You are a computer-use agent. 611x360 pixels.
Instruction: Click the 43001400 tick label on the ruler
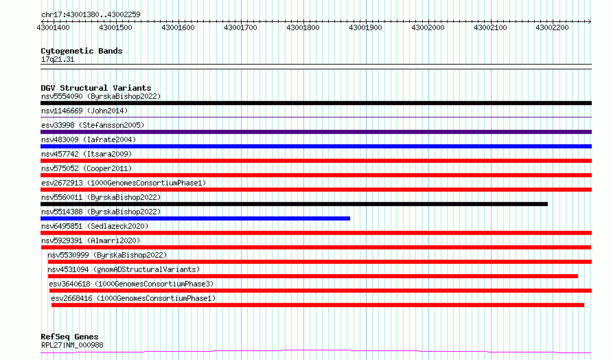[x=53, y=27]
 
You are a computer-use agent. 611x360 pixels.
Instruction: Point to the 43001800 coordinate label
[x=303, y=27]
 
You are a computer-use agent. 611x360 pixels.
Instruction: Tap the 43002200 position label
[x=552, y=27]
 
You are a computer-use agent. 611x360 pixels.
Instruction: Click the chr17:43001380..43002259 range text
[x=91, y=15]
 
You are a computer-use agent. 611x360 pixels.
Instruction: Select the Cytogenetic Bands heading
[x=82, y=51]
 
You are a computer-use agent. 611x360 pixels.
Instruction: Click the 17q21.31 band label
[x=58, y=59]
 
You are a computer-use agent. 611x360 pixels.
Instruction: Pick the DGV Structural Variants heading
[x=96, y=88]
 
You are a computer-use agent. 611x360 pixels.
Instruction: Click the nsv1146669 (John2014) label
[x=84, y=111]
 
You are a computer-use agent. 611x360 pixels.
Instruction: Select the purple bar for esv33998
[x=316, y=132]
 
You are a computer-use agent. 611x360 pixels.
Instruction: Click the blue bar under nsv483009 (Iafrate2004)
[x=316, y=146]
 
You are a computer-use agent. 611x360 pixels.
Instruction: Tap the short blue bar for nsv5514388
[x=195, y=218]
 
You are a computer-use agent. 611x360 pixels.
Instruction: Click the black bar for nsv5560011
[x=295, y=204]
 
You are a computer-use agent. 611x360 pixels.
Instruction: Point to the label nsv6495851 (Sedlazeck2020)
[x=95, y=226]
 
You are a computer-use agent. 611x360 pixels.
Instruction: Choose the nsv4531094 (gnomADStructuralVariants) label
[x=124, y=269]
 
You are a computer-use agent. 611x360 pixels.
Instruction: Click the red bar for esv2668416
[x=318, y=305]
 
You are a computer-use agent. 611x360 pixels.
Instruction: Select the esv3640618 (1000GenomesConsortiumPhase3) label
[x=131, y=284]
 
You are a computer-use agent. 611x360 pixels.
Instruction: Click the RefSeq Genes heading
[x=69, y=337]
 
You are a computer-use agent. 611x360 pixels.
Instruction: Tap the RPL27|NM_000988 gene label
[x=72, y=345]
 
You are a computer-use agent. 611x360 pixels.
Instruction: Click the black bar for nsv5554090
[x=316, y=103]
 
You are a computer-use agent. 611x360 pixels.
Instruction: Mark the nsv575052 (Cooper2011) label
[x=87, y=168]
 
